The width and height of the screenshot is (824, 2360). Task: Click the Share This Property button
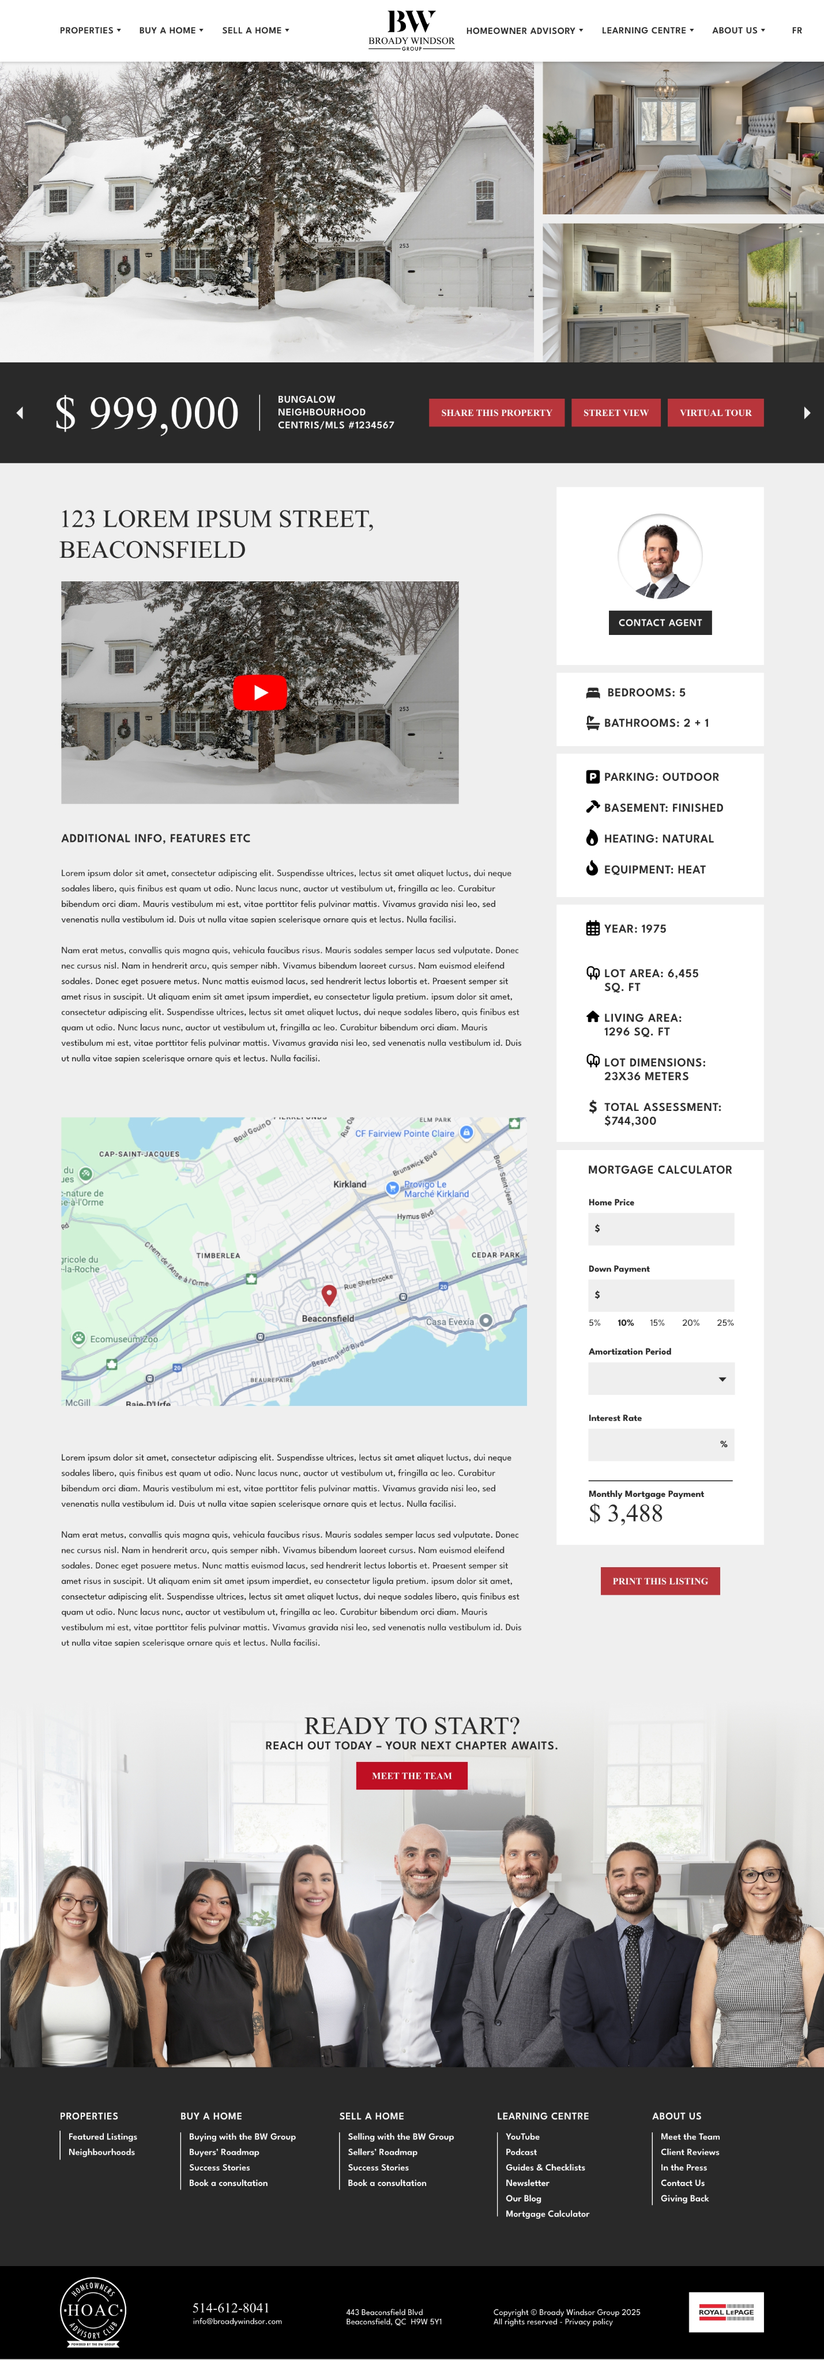(496, 413)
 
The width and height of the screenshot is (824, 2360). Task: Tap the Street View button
(615, 413)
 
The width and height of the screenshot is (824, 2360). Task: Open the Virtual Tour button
(715, 413)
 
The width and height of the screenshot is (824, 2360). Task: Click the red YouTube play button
(259, 693)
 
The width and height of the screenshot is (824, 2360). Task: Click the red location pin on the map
(329, 1294)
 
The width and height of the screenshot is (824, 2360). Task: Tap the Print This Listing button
(660, 1580)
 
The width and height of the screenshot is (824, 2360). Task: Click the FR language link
(796, 30)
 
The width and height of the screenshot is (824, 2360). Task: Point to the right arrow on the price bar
(807, 413)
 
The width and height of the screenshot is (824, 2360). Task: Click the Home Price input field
(661, 1228)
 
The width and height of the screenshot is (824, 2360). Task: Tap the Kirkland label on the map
(349, 1183)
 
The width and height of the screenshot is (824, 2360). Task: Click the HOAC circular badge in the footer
(93, 2312)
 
